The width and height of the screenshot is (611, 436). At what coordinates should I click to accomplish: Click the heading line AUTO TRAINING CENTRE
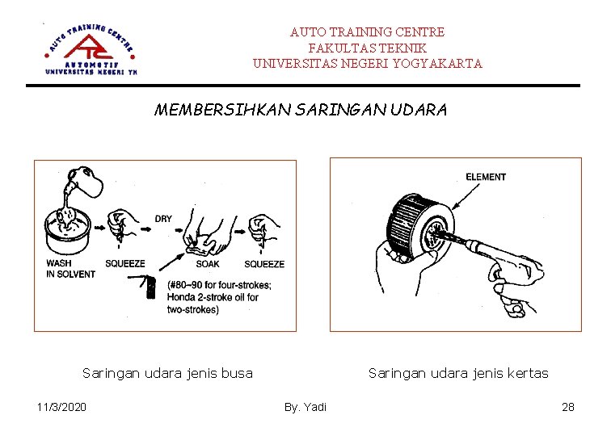click(367, 32)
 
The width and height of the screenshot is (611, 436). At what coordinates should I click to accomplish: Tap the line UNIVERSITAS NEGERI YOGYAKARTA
click(367, 63)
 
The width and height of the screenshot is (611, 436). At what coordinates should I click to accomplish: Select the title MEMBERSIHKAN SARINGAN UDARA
click(300, 110)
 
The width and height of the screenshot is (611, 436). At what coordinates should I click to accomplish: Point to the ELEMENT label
click(486, 177)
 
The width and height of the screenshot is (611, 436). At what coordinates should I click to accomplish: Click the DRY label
click(163, 218)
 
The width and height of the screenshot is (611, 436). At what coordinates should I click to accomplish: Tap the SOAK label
click(208, 264)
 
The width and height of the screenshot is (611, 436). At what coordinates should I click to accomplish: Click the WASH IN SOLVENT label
click(70, 269)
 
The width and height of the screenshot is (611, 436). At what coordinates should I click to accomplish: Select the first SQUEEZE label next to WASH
click(125, 264)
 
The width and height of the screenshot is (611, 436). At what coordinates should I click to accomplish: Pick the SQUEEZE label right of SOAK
click(264, 264)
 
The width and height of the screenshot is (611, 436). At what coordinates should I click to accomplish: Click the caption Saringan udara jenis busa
click(167, 373)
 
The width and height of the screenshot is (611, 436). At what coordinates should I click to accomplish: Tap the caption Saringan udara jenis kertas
click(458, 373)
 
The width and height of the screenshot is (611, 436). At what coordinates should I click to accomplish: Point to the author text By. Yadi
click(305, 406)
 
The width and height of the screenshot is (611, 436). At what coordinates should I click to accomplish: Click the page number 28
click(567, 406)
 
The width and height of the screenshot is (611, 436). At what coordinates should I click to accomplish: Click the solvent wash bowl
click(67, 229)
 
